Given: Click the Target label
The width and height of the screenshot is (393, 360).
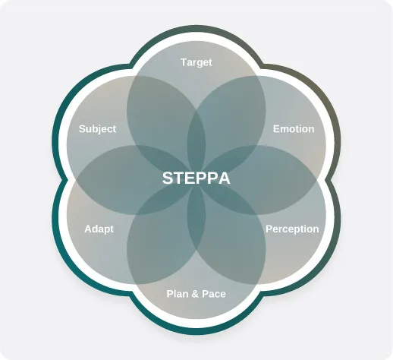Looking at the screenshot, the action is [196, 62].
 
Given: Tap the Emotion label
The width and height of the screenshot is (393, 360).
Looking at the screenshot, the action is [294, 129].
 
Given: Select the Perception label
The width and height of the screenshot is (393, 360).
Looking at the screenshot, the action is [292, 229].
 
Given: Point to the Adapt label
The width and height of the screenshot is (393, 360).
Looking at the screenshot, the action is [99, 229].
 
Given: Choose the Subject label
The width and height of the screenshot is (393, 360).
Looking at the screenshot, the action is [97, 129].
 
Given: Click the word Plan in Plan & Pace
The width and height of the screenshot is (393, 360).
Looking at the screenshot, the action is [177, 294].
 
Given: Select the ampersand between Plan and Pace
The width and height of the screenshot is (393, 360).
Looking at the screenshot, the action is [195, 294].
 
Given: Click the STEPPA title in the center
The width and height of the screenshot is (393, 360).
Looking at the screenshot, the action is [196, 178].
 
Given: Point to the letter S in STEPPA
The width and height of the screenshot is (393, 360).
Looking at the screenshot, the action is [168, 178].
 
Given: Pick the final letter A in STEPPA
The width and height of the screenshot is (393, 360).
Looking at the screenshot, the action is [224, 178].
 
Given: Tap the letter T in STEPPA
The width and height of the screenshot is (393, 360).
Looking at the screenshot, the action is [178, 178].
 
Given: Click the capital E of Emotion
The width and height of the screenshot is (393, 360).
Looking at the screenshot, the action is [276, 129].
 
